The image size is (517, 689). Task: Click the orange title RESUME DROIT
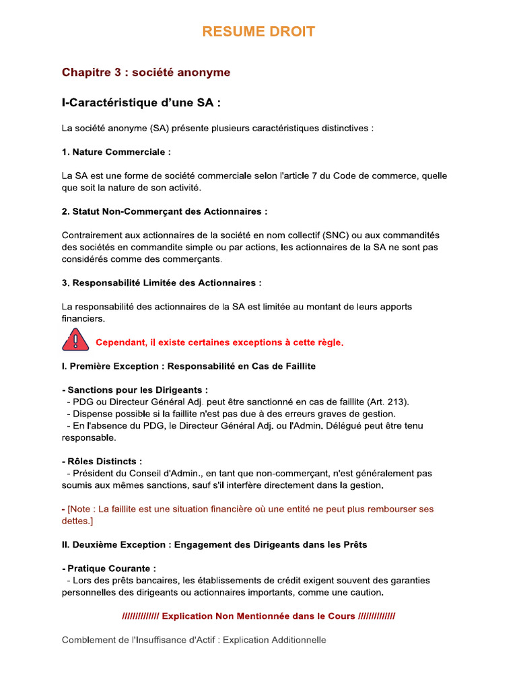[x=258, y=32]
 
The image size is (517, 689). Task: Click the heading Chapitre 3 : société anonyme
[x=146, y=72]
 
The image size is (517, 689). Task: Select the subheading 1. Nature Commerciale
[x=116, y=152]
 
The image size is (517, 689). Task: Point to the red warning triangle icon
[x=75, y=340]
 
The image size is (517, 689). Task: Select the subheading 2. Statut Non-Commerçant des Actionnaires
[x=164, y=211]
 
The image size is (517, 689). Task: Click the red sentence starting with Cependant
[x=219, y=342]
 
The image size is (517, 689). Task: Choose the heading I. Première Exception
[x=188, y=367]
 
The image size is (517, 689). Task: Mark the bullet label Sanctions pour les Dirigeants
[x=137, y=390]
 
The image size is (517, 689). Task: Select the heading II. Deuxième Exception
[x=214, y=545]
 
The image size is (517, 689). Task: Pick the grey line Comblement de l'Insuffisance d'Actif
[x=194, y=640]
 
